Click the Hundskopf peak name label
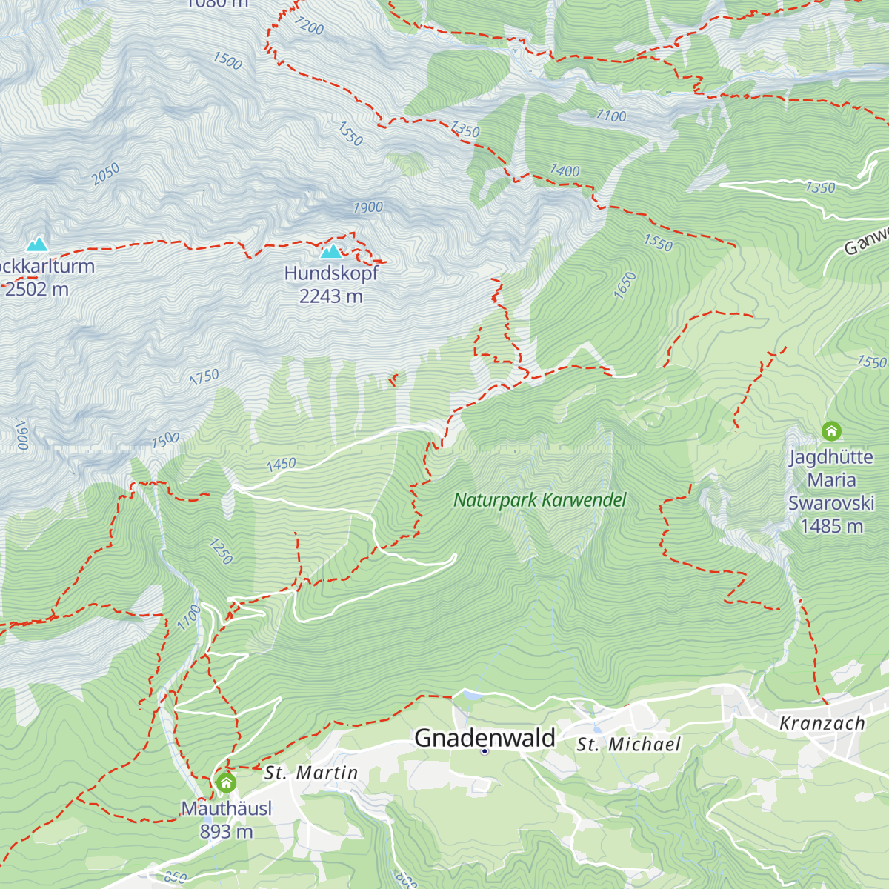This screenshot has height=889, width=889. pos(331,273)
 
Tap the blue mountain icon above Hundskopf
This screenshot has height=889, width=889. pos(331,252)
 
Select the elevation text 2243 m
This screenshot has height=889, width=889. pos(331,296)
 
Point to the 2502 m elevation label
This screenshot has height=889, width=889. pos(37,289)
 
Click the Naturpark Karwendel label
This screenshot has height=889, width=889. pos(540,500)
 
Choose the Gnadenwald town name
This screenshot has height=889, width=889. pos(485,738)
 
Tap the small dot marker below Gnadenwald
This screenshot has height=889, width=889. pos(485,751)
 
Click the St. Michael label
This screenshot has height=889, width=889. pos(628,745)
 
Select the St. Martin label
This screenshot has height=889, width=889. pos(311,773)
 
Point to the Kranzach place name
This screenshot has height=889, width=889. pos(822,723)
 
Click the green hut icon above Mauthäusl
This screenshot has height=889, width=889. pos(226,782)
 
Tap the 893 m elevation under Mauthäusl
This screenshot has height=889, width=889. pos(226,832)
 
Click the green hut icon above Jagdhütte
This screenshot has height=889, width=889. pos(831,430)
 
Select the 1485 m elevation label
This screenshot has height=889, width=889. pos(831,526)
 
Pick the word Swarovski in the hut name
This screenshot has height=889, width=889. pos(831,503)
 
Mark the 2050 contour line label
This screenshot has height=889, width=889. pos(105,174)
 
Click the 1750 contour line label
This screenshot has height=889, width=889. pos(204,377)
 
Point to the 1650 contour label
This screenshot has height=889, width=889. pos(626,285)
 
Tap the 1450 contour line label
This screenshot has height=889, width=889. pos(282,465)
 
